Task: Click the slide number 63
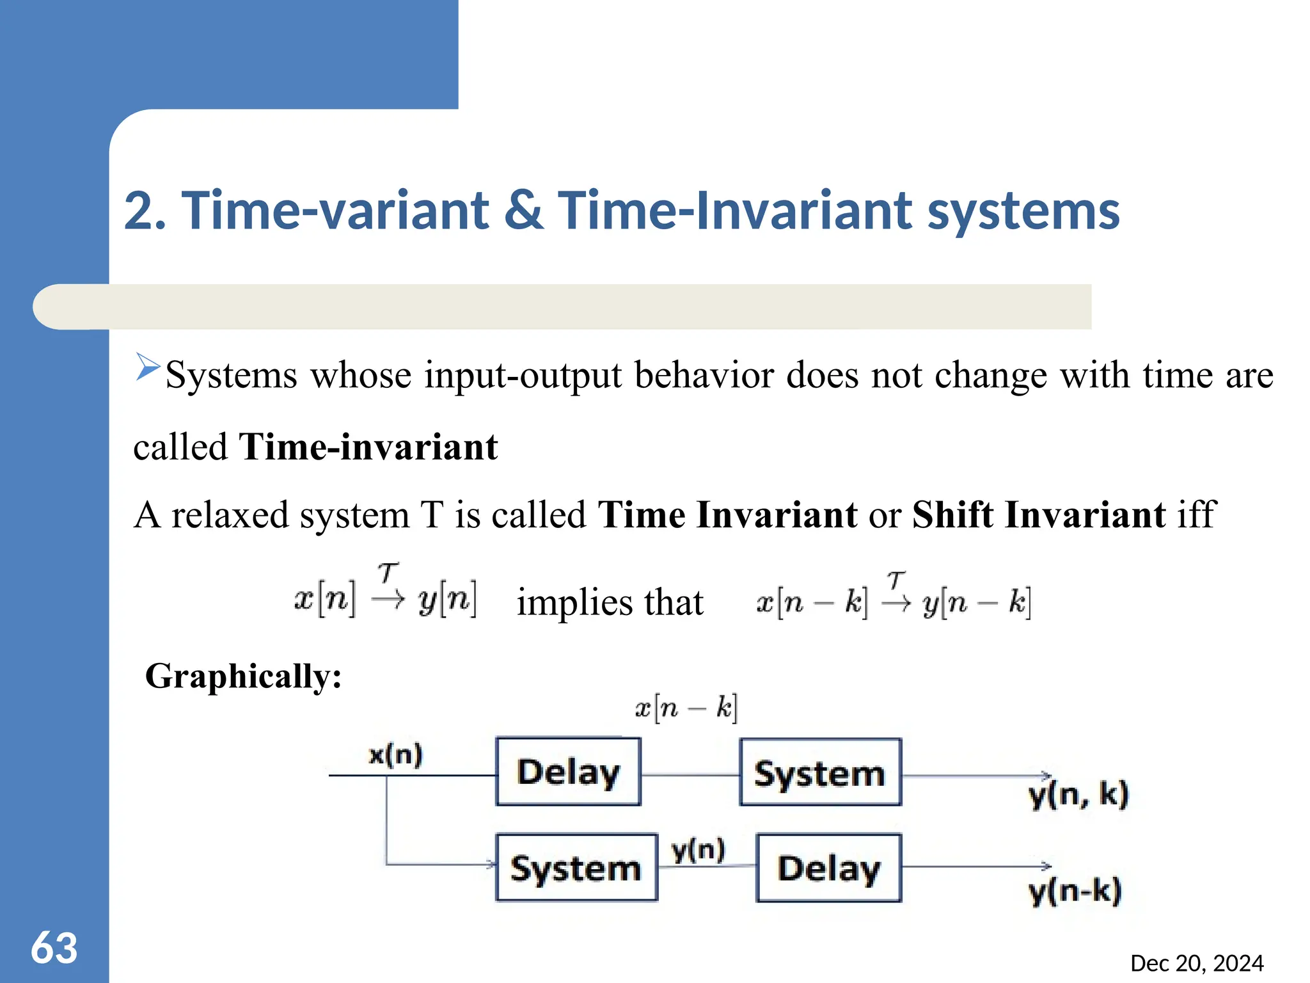[x=54, y=948]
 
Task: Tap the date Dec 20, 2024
[x=1196, y=963]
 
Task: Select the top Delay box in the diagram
[x=568, y=771]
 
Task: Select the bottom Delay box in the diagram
[x=828, y=868]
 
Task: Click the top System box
[x=820, y=772]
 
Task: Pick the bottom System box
[x=576, y=868]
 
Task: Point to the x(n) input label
[x=396, y=755]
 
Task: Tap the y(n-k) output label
[x=1075, y=891]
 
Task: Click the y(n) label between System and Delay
[x=698, y=851]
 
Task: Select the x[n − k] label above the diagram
[x=686, y=708]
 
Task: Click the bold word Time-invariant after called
[x=368, y=447]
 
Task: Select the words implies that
[x=610, y=602]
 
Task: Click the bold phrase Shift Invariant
[x=1039, y=515]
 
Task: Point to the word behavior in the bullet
[x=704, y=375]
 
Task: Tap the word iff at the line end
[x=1196, y=515]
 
